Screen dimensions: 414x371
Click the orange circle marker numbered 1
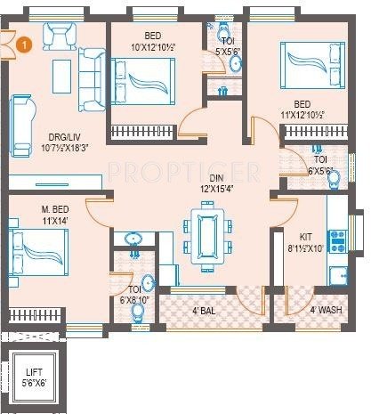pos(27,41)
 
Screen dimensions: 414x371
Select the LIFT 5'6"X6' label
pos(36,381)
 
